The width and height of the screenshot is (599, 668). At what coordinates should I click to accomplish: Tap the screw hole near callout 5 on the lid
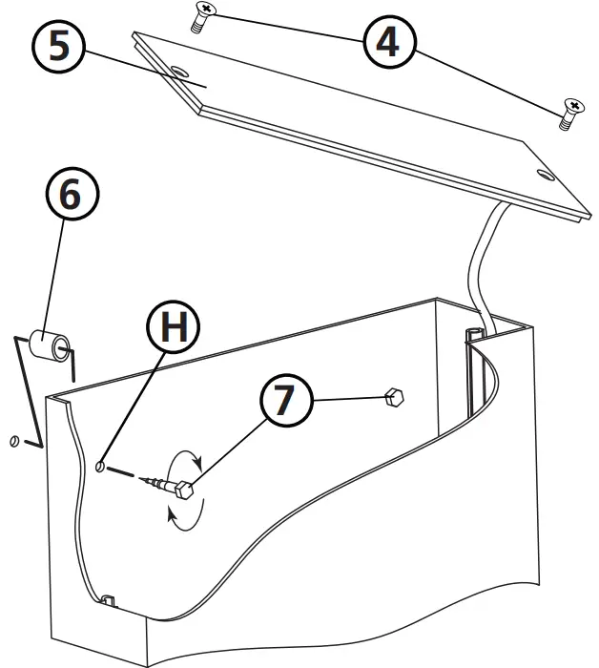point(179,73)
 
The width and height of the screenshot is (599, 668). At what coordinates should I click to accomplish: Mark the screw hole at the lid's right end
point(545,176)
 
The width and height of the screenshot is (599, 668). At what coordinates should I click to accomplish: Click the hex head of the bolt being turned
point(185,491)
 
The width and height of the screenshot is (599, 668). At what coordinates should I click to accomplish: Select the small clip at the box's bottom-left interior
point(108,601)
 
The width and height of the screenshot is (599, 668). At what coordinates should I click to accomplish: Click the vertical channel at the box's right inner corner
point(476,372)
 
